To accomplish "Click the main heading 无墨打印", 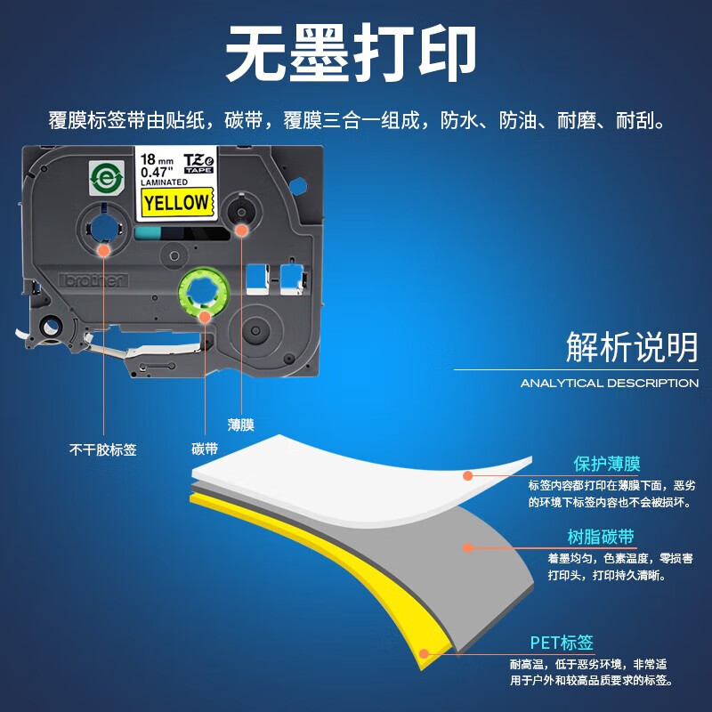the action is tap(350, 53).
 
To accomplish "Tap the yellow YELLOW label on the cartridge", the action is tap(177, 202).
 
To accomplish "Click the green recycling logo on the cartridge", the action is tap(106, 177).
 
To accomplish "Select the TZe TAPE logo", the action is tap(198, 163).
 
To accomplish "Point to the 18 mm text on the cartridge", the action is tap(157, 159).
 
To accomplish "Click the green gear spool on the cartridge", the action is tap(204, 292).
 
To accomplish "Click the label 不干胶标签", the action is tap(102, 449).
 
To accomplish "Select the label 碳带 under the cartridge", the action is tap(205, 449).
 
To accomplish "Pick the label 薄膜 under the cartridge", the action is tap(240, 425).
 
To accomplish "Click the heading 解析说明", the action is tap(632, 346).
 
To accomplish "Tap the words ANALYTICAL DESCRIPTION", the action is tap(610, 384).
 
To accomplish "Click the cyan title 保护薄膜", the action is tap(607, 464).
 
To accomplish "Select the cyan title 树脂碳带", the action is tap(601, 537).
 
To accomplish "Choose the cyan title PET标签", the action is tap(562, 643).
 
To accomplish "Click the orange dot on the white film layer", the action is tap(468, 475).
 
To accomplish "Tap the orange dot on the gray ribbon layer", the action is tap(468, 547).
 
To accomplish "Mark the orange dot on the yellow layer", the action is tap(424, 653).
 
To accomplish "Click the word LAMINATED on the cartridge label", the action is tap(164, 182).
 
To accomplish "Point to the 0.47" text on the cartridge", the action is tap(158, 172).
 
